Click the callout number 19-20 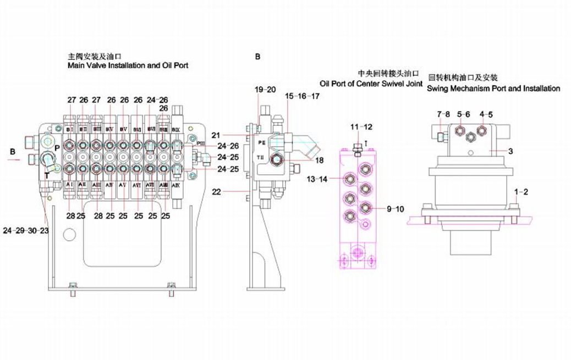(265, 89)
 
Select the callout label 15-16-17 (302, 96)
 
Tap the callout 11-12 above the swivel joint (361, 127)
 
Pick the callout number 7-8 (444, 114)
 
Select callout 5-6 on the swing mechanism (463, 114)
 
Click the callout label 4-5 (486, 114)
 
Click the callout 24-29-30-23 (25, 230)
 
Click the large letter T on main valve (47, 175)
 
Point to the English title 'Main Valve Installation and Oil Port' (128, 65)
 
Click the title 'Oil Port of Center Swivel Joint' (371, 84)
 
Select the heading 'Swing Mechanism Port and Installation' (493, 88)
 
